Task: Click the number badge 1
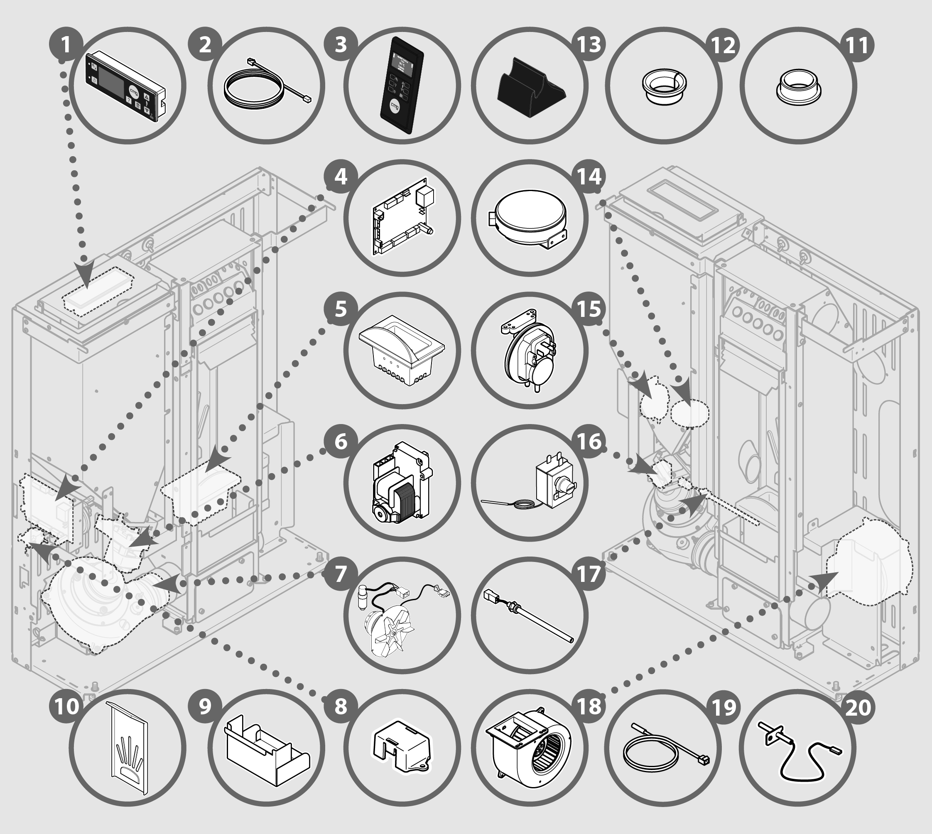pyautogui.click(x=66, y=45)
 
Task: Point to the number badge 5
pyautogui.click(x=341, y=309)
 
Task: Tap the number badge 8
pyautogui.click(x=341, y=706)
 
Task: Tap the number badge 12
pyautogui.click(x=724, y=45)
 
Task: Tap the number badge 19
pyautogui.click(x=724, y=706)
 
